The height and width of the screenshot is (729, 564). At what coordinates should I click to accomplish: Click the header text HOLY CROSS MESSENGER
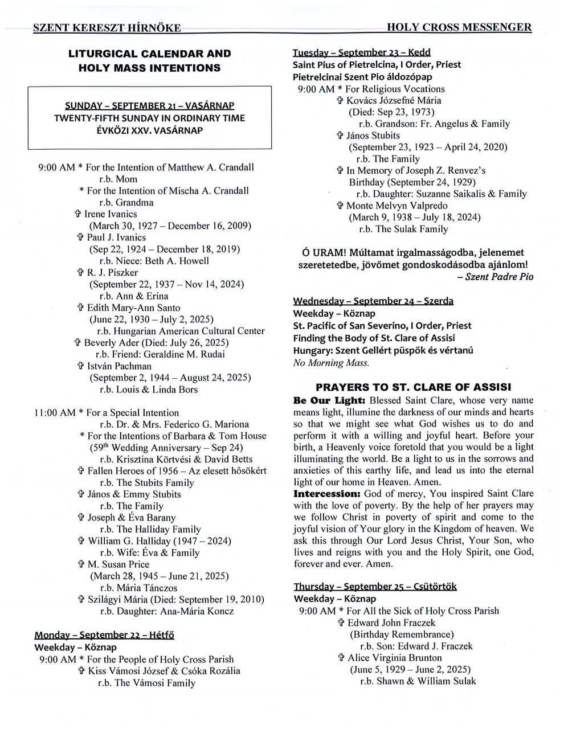[x=459, y=27]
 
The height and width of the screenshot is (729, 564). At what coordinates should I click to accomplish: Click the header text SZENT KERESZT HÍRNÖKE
[x=107, y=28]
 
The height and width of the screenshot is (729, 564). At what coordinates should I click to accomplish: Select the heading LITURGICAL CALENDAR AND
[x=149, y=54]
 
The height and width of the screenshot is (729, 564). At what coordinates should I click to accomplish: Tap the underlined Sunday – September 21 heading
[x=149, y=106]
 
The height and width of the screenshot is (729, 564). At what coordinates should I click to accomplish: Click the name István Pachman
[x=119, y=366]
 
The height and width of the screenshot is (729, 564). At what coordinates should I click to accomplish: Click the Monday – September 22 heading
[x=104, y=635]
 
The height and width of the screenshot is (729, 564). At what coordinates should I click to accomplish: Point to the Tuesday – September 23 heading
[x=361, y=53]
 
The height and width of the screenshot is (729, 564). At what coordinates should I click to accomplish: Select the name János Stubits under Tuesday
[x=373, y=136]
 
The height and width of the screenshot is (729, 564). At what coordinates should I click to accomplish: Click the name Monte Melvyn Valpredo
[x=397, y=206]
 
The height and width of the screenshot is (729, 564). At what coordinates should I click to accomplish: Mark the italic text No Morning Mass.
[x=331, y=362]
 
